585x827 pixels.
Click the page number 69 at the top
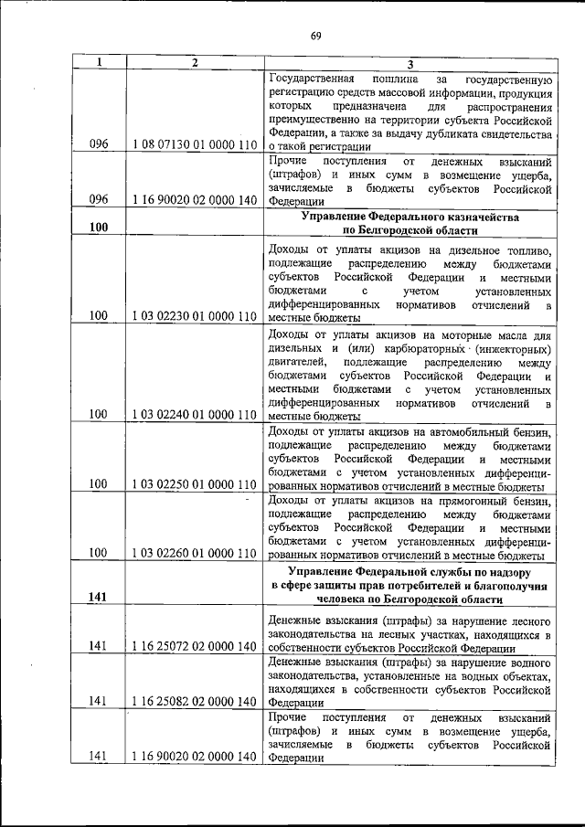coord(315,36)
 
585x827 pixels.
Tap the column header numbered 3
coord(410,63)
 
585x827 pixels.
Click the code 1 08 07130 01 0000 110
coord(194,144)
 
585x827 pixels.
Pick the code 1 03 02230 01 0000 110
coord(194,316)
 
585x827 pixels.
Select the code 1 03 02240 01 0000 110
coord(194,414)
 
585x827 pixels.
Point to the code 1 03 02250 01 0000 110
coord(194,483)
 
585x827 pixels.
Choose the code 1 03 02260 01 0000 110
coord(194,553)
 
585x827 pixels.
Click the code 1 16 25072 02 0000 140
coord(194,647)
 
